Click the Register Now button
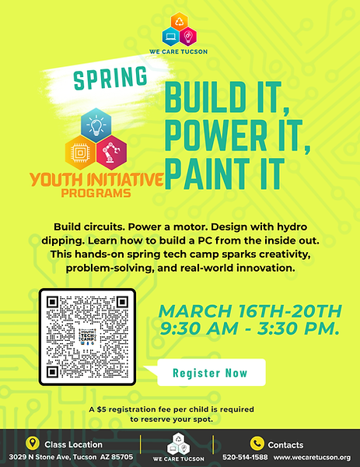[x=210, y=373]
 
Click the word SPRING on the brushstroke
[x=112, y=78]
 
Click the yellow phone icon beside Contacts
[x=256, y=444]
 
